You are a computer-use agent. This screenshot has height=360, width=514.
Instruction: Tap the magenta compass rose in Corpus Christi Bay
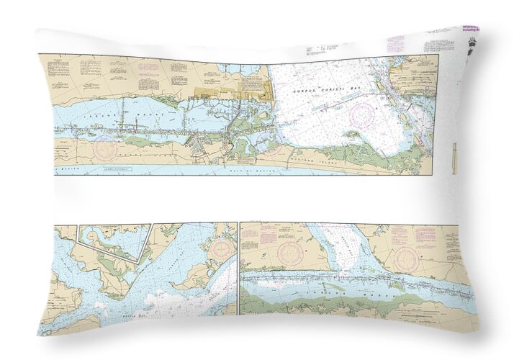point(361,115)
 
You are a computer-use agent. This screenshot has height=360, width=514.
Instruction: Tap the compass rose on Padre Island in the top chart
point(106,148)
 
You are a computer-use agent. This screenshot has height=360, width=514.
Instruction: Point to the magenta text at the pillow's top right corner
point(469,29)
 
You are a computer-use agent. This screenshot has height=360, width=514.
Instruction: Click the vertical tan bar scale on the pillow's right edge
point(454,158)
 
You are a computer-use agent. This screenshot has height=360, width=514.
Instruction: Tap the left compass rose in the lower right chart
point(292,253)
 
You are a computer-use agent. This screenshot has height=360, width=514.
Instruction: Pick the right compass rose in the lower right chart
point(407,258)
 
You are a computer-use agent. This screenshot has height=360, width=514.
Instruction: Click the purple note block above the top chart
point(395,42)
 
